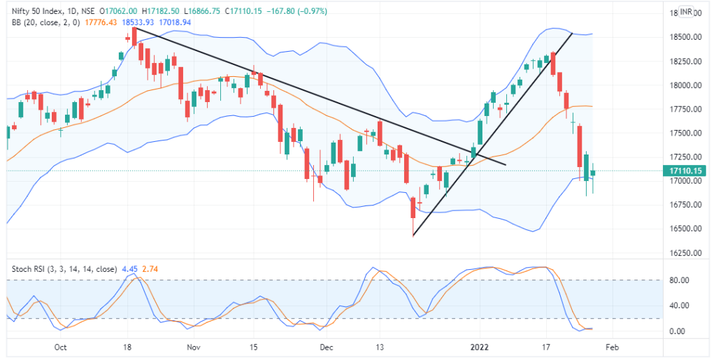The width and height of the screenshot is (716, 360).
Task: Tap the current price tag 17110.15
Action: point(685,171)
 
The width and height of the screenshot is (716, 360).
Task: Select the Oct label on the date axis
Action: point(60,347)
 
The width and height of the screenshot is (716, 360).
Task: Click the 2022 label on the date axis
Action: point(479,347)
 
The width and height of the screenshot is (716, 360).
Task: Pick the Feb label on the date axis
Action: point(612,347)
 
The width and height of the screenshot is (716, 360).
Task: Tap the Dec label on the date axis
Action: point(326,347)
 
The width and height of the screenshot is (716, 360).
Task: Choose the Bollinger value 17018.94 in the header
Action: point(176,22)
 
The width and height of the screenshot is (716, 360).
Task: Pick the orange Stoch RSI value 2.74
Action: point(149,268)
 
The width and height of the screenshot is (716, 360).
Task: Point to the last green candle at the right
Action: point(593,173)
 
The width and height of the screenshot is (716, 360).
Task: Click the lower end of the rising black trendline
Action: point(413,236)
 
